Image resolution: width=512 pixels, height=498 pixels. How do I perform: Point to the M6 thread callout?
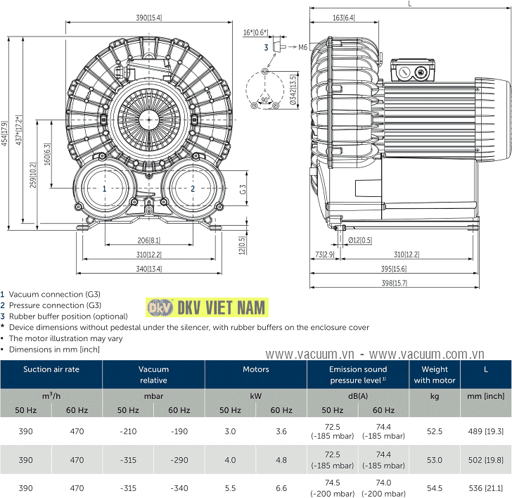pos(302,47)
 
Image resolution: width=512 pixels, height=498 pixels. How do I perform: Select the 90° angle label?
pos(264,98)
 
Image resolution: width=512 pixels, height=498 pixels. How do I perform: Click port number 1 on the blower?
pos(104,189)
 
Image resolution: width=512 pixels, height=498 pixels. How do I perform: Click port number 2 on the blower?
pos(193,189)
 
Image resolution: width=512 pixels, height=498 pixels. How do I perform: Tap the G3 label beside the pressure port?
pos(241,189)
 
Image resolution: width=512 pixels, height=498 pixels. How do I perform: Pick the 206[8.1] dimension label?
pos(148,241)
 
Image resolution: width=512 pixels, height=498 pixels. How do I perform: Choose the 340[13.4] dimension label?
pos(148,268)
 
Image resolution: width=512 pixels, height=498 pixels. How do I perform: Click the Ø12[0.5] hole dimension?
pos(361,241)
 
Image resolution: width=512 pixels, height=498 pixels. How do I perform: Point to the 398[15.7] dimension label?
pos(395,283)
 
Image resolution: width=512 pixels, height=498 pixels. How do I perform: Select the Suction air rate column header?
pos(51,369)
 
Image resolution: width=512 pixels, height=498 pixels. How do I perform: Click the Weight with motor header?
pos(435,374)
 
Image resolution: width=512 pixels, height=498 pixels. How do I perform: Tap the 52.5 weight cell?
pos(435,430)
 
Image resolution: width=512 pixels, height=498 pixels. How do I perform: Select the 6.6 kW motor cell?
pos(281,487)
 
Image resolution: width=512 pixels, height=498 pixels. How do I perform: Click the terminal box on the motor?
pos(411,70)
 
